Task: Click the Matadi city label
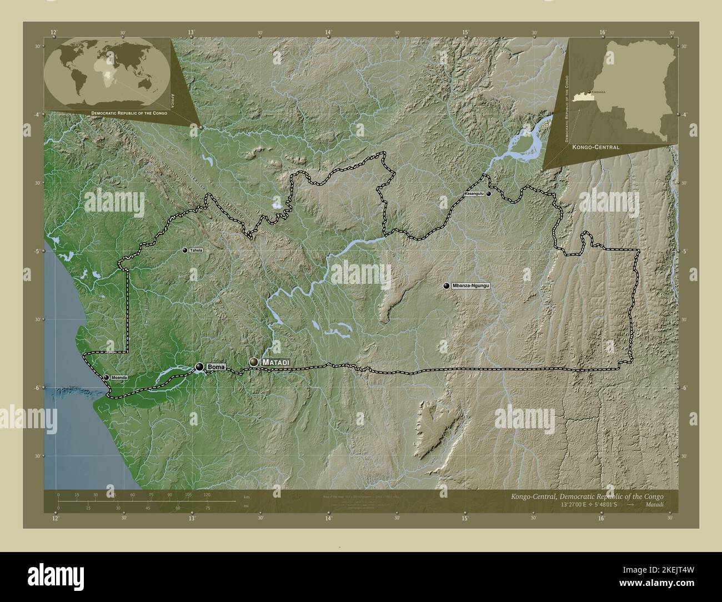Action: (276, 362)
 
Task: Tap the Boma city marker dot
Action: (199, 367)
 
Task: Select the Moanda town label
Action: (119, 378)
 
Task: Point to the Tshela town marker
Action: (185, 250)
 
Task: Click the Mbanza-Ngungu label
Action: (472, 285)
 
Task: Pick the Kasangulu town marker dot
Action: (489, 194)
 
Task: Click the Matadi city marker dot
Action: (254, 362)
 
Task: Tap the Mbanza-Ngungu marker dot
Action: (446, 285)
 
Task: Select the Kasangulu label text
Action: (475, 194)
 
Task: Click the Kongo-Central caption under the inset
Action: (598, 148)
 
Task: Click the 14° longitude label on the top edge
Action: (328, 33)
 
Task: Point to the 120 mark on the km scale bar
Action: (207, 494)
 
